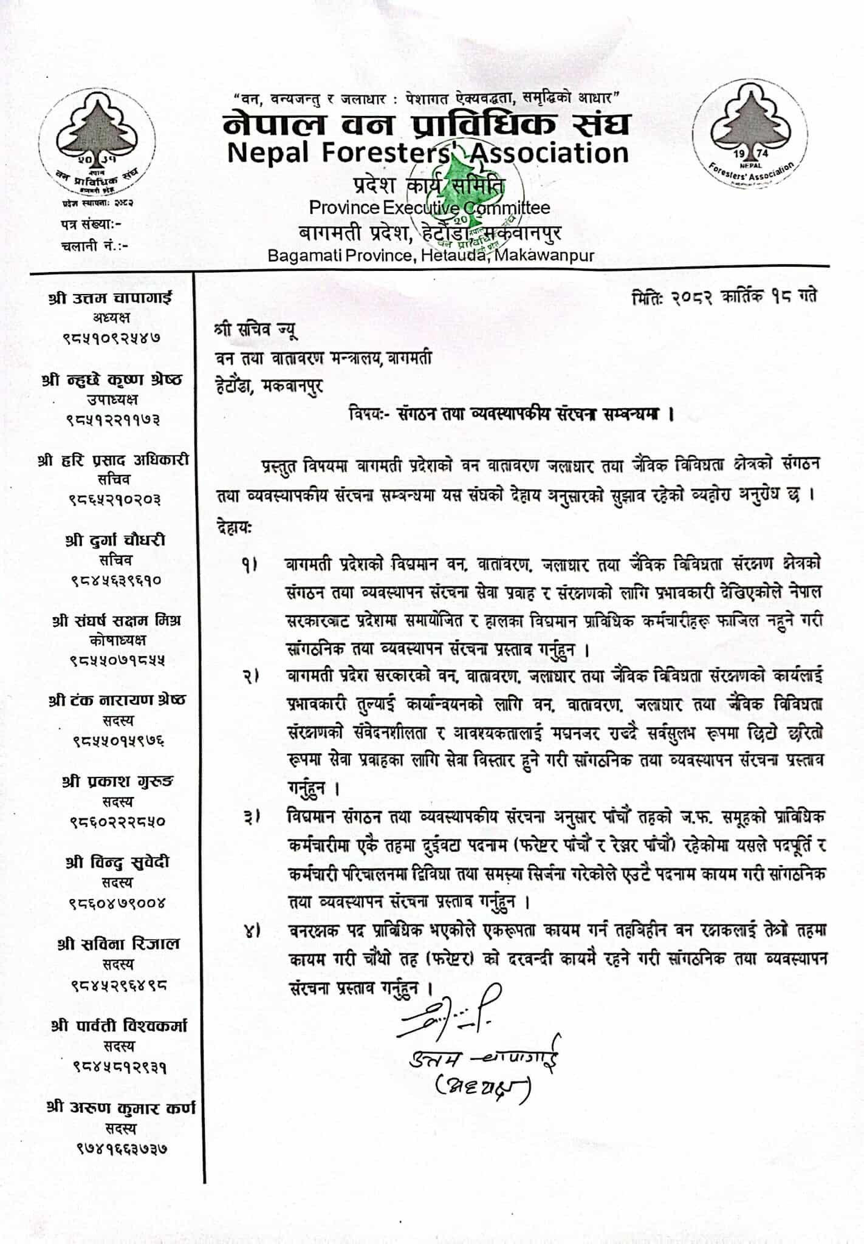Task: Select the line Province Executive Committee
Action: (x=429, y=207)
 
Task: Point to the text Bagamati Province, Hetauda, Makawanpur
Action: (x=431, y=256)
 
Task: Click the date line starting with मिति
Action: (x=724, y=296)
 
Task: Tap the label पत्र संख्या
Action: (x=91, y=224)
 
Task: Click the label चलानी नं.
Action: (x=95, y=245)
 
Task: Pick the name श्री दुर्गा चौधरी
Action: (x=115, y=540)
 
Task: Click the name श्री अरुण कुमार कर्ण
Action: (x=121, y=1107)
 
